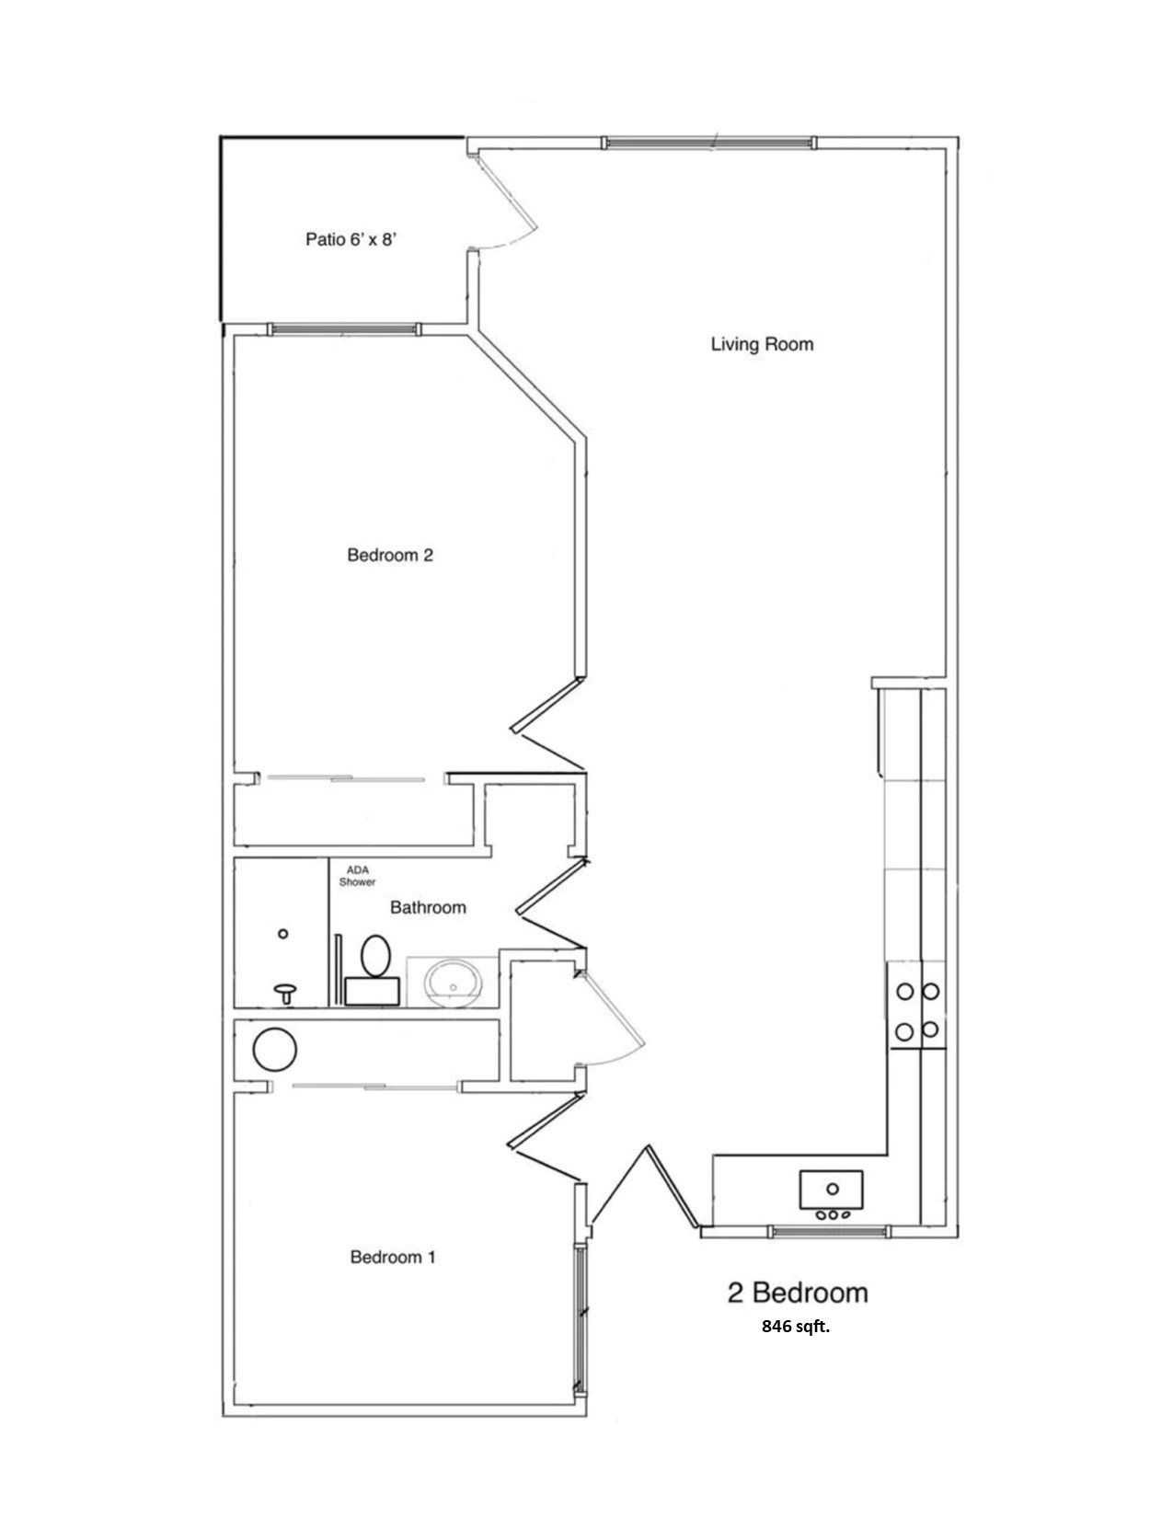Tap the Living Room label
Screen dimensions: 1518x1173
pos(762,344)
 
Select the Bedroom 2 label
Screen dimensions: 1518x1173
pos(389,555)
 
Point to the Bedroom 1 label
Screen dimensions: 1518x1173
pos(392,1257)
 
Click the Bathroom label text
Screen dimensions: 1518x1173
pos(428,907)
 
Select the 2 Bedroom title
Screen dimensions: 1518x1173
pos(797,1293)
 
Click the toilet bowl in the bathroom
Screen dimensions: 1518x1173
pos(374,956)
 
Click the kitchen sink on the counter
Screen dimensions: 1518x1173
pos(831,1190)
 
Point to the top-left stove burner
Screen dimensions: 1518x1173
pos(905,991)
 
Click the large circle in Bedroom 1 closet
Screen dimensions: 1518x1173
pos(275,1049)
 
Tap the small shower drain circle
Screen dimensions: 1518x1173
pos(283,934)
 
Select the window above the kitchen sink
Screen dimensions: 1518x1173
pos(829,1231)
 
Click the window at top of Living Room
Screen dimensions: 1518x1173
pos(707,142)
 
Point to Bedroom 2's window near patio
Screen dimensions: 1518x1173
pos(343,328)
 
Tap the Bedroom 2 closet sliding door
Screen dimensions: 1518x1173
pos(345,778)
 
